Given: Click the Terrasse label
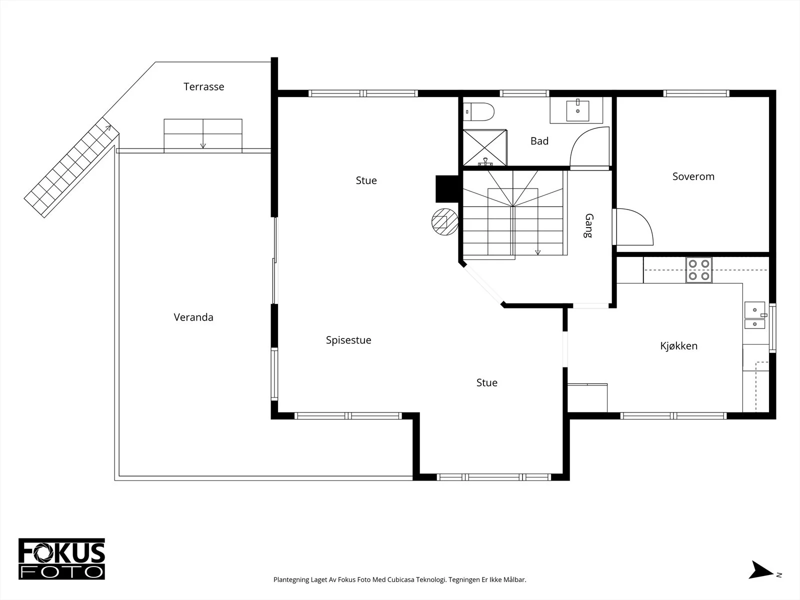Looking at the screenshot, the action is coord(203,86).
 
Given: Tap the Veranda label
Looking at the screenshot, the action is coord(193,317).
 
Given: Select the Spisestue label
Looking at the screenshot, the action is coord(348,340).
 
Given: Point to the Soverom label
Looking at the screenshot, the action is coord(693,176).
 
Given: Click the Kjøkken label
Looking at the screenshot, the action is coord(678,345).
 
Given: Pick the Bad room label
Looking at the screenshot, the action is coord(539,141).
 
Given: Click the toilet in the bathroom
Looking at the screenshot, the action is coord(478,112).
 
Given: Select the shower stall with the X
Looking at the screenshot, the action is coord(484,147).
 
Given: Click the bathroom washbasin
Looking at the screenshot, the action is coord(577,110).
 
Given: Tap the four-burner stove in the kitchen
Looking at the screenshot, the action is coord(698,270).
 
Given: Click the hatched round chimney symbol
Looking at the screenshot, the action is coord(445,222).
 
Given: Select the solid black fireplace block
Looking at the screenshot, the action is coord(447,189).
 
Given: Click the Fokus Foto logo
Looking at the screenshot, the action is coord(61,559).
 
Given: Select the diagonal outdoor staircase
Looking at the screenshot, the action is coord(72,167).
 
